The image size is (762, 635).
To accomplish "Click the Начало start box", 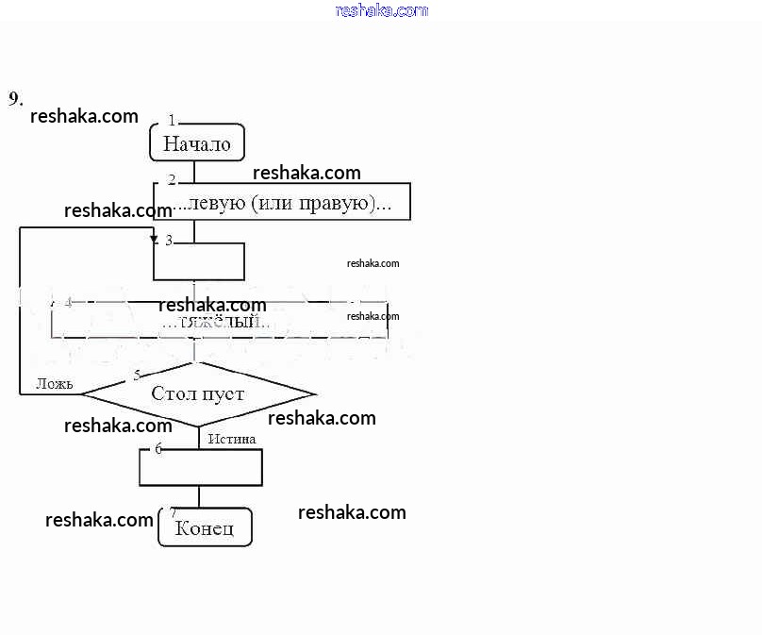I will click(x=197, y=144).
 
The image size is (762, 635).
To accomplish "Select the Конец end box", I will click(x=205, y=527).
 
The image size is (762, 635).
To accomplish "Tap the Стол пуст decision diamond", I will click(x=198, y=393).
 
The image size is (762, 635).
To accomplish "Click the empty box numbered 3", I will click(x=199, y=261).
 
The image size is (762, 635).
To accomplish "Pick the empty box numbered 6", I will click(x=201, y=467).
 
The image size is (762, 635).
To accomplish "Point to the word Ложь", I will click(x=55, y=383).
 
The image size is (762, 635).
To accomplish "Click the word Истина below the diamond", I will click(x=232, y=439).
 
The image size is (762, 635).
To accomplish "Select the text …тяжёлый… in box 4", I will click(x=217, y=323).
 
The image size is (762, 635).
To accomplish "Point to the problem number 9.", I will click(x=15, y=99).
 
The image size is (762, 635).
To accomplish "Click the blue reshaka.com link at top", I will click(x=381, y=10).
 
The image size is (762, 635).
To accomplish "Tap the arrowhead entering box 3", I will click(x=155, y=240).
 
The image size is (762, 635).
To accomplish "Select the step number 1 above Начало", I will click(x=172, y=120).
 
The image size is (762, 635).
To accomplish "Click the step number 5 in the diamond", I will click(x=137, y=376).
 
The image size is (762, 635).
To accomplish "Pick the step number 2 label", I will click(x=172, y=179).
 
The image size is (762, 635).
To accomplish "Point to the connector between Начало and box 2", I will click(x=195, y=172).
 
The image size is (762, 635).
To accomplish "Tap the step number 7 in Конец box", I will click(x=173, y=512).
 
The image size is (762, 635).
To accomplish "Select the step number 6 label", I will click(x=158, y=449).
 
